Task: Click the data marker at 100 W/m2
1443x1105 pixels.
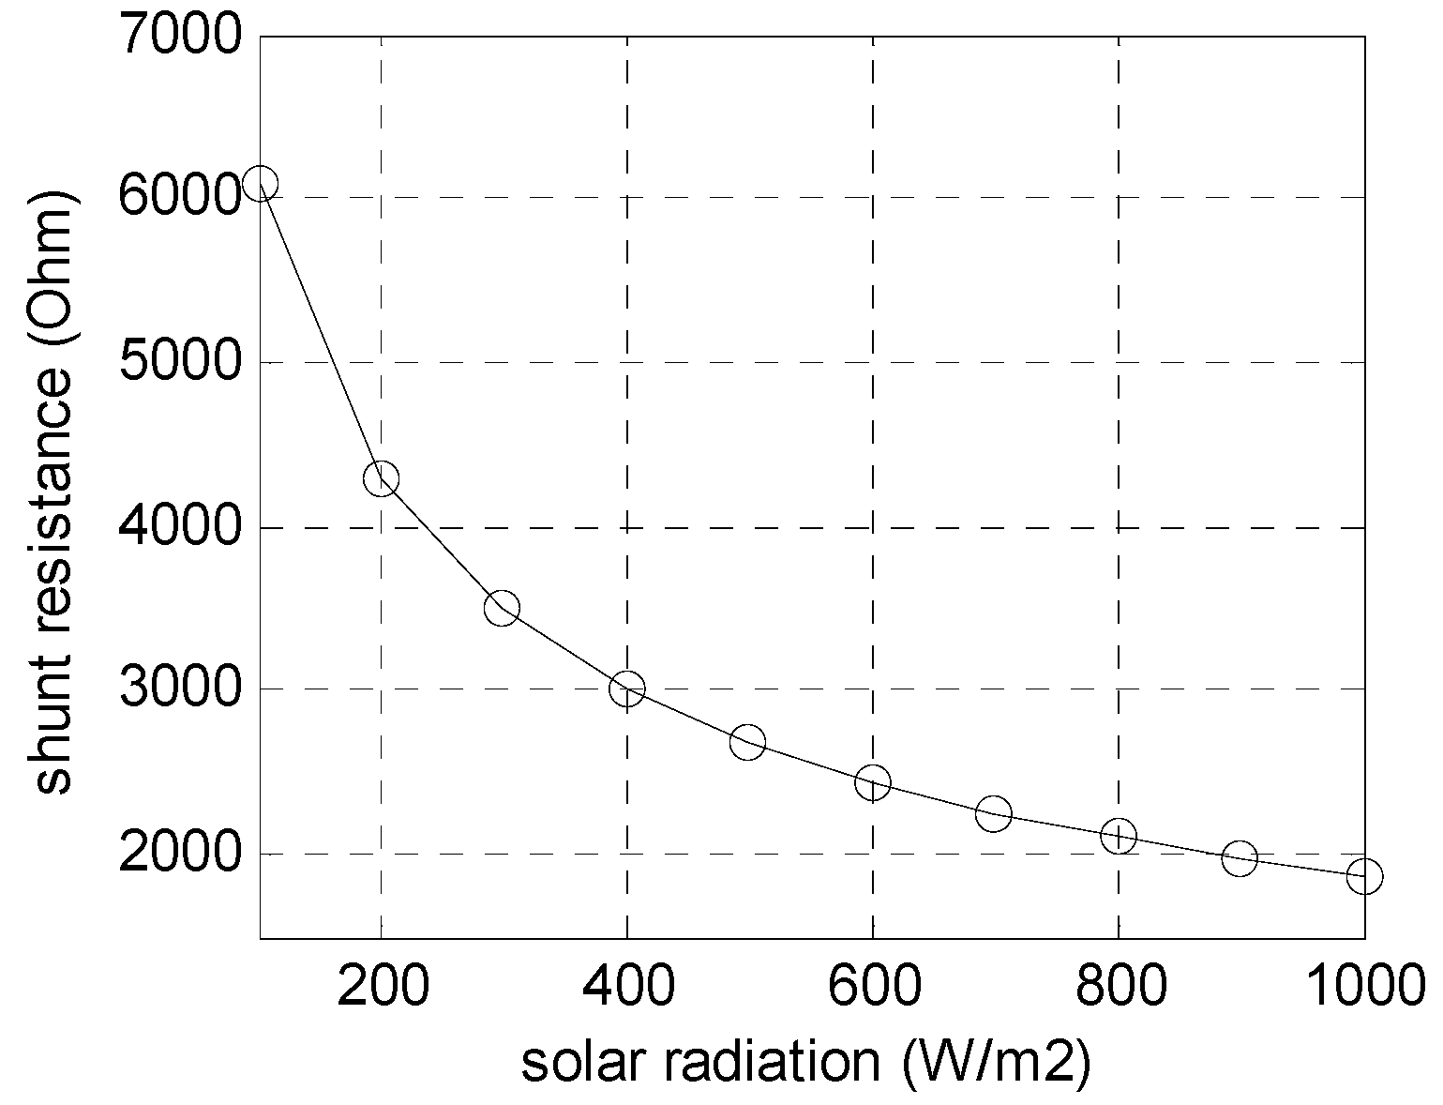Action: (260, 183)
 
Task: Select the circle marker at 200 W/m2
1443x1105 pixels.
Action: (381, 479)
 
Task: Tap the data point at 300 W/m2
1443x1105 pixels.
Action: (502, 608)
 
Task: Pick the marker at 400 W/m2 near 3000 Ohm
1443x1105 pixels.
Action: (626, 689)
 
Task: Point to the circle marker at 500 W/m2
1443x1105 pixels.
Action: (747, 742)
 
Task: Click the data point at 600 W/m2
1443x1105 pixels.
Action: (872, 781)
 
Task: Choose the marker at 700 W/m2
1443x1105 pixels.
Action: (993, 812)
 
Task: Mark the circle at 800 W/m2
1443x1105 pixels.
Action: (1119, 835)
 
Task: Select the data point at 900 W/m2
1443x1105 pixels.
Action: (1239, 857)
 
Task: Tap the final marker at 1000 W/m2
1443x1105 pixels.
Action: (1364, 876)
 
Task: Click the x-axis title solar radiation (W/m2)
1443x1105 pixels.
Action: (805, 1063)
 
